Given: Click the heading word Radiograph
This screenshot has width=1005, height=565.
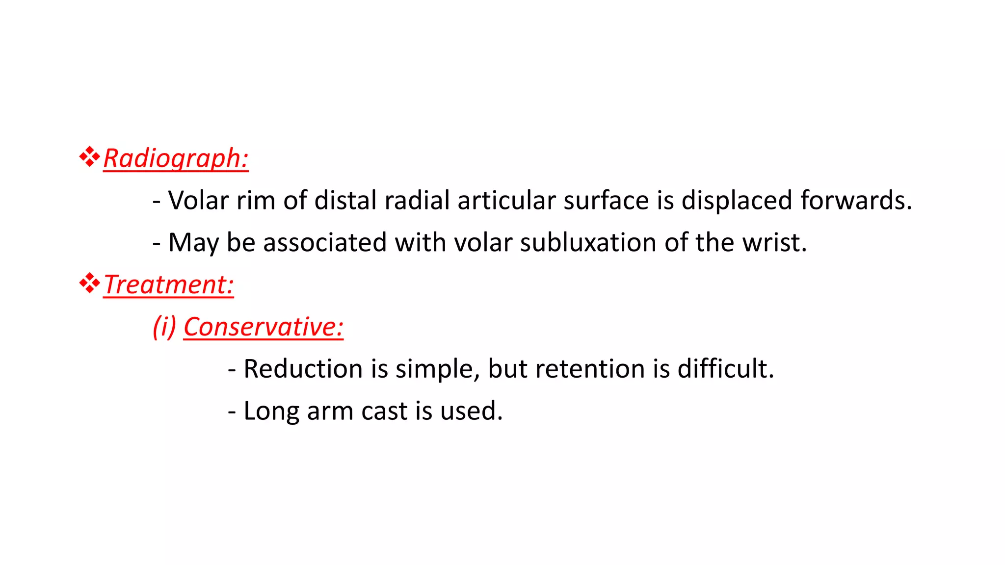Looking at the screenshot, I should point(175,159).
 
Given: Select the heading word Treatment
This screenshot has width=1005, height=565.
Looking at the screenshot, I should point(168,285).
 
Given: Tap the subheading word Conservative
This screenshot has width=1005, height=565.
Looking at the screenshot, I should point(263,327).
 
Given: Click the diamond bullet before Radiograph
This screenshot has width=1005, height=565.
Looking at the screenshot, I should point(89,157).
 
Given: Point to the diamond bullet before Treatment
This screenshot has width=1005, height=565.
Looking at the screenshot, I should point(89,283).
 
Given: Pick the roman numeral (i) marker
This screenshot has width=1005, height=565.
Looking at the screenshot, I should point(164,327).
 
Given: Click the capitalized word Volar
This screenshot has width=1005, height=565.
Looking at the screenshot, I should point(198,201).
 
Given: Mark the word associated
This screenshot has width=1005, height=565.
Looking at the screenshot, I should point(325,243).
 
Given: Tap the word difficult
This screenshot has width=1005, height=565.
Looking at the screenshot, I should point(725,369).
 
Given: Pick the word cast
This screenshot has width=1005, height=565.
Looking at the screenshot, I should point(384,411).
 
